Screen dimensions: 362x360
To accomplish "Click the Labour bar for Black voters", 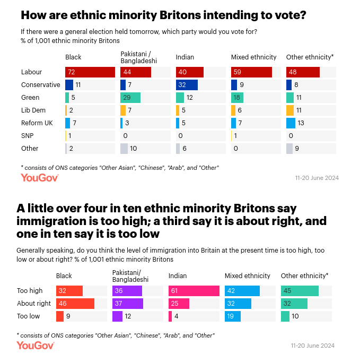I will pos(90,72).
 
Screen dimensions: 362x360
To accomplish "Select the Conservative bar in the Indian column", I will pos(187,85).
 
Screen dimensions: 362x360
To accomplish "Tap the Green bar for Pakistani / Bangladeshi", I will pos(130,98).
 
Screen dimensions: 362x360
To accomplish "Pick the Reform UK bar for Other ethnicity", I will pos(291,123).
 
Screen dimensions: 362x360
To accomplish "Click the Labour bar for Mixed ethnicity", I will pos(251,72).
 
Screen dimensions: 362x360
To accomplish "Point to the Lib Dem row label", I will pos(33,110).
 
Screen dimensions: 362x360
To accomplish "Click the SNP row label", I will pos(28,136).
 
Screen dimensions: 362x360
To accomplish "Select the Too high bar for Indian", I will pos(194,291).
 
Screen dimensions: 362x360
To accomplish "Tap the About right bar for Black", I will pos(75,304).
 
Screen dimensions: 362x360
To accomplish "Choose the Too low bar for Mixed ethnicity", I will pos(233,316).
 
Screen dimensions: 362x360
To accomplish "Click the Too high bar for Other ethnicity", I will pos(300,291).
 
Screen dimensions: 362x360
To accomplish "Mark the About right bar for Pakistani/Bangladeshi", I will pos(128,304).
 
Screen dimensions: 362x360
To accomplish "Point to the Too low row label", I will pos(29,316).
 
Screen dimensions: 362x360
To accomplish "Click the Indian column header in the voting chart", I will pos(185,57).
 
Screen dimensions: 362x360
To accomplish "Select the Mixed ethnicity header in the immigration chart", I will pos(248,275).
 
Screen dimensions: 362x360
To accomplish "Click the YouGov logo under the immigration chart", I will pos(36,346).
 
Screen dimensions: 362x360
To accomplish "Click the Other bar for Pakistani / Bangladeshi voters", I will pos(124,149).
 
